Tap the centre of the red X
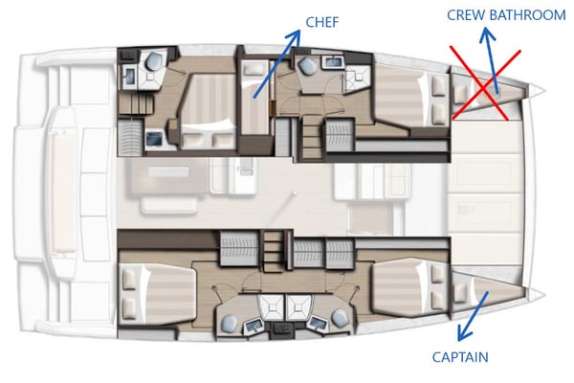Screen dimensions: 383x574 [486, 84]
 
